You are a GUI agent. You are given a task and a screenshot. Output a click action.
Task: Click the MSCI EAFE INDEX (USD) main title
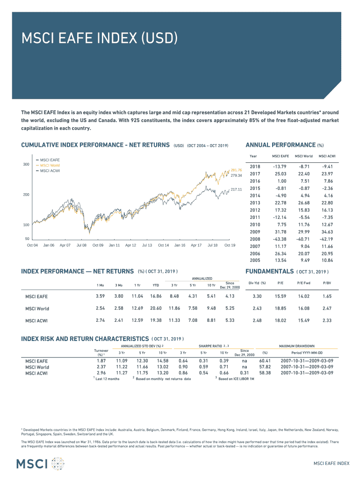99,38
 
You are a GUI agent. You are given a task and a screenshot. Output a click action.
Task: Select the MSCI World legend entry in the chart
50,166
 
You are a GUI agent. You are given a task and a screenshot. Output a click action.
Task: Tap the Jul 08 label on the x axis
81,245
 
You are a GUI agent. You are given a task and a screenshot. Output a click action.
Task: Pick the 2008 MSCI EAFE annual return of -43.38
281,239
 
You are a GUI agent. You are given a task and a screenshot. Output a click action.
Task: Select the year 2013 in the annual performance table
255,203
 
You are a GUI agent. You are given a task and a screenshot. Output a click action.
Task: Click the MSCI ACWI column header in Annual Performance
327,156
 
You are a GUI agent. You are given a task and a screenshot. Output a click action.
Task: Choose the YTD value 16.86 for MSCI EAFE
156,296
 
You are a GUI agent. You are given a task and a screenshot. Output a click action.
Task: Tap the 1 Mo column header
100,285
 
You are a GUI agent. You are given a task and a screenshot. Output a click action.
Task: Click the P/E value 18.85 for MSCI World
281,308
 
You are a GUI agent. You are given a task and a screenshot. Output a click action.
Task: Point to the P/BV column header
327,283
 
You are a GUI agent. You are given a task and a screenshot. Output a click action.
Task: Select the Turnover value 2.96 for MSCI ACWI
101,373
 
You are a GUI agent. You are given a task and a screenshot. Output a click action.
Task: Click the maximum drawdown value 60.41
265,361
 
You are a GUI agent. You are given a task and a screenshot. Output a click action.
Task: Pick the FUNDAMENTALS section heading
269,272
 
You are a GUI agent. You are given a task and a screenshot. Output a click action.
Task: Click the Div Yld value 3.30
257,296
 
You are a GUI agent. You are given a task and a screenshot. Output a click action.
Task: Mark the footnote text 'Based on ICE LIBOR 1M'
237,379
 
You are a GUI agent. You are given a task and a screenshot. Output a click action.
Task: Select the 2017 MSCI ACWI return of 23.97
327,174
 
